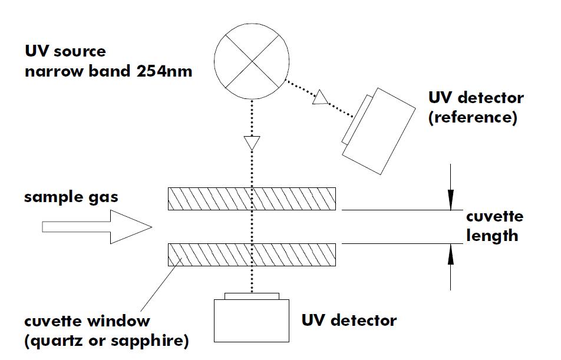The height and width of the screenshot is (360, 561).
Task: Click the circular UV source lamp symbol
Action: [x=252, y=61]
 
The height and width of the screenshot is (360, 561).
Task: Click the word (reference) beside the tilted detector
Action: [x=473, y=117]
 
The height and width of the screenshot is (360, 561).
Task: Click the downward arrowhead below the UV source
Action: [x=252, y=143]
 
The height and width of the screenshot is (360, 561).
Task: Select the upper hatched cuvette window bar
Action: [x=252, y=199]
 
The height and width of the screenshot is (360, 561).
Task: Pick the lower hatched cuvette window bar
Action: [x=252, y=255]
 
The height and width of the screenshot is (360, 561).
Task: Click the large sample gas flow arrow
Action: [x=94, y=227]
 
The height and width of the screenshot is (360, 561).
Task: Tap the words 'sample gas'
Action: [x=71, y=197]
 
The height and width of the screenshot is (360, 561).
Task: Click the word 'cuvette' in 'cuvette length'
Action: [x=494, y=217]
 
